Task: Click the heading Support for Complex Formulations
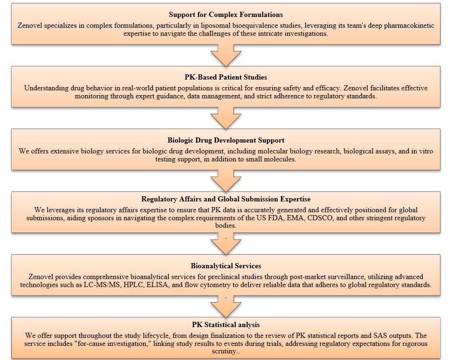click(226, 15)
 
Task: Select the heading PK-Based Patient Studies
click(226, 77)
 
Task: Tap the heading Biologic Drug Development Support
click(226, 140)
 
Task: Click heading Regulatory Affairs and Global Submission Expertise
click(226, 199)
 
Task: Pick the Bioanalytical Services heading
click(226, 266)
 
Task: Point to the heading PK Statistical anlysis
click(226, 325)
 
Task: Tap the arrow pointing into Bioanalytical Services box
click(226, 243)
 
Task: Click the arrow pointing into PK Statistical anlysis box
click(226, 306)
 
